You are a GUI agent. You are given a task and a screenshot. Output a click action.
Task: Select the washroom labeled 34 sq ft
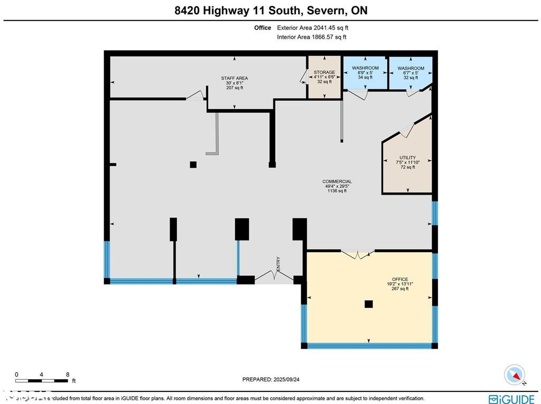click(366, 73)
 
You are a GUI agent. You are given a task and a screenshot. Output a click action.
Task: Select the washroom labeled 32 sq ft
click(411, 73)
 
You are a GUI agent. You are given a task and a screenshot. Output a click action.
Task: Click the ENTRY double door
click(274, 276)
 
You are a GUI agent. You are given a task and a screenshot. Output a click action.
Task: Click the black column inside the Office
click(369, 304)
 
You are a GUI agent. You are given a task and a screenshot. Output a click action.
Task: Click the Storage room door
click(303, 78)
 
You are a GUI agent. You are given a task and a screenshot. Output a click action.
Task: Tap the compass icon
click(514, 375)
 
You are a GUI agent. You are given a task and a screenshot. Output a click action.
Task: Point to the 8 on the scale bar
click(68, 374)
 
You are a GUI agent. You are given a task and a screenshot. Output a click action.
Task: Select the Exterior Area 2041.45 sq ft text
click(312, 28)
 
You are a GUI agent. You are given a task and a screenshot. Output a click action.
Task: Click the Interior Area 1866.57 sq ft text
click(312, 37)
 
